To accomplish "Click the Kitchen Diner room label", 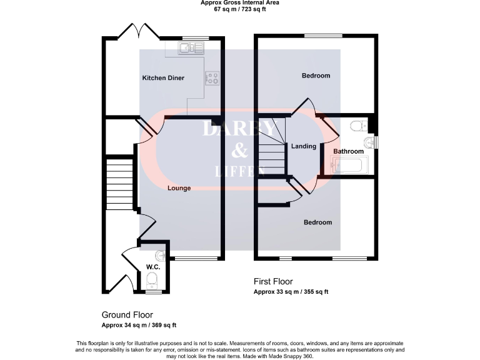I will [x=162, y=78].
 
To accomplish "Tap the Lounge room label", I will [x=179, y=187].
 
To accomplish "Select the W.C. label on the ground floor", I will [x=153, y=267].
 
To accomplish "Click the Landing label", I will [x=304, y=146].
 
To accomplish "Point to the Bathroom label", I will [x=348, y=152].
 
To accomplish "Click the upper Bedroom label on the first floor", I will [x=316, y=76].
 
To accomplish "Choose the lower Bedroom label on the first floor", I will [x=317, y=222].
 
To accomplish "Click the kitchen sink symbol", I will [x=187, y=47].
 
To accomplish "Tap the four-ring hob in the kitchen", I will [x=213, y=78].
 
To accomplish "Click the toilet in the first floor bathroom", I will [x=358, y=126].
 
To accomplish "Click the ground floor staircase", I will [x=121, y=181].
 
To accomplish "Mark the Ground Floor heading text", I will [x=127, y=315].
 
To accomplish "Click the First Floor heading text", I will [x=272, y=282].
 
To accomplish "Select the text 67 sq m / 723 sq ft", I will [x=239, y=9].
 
